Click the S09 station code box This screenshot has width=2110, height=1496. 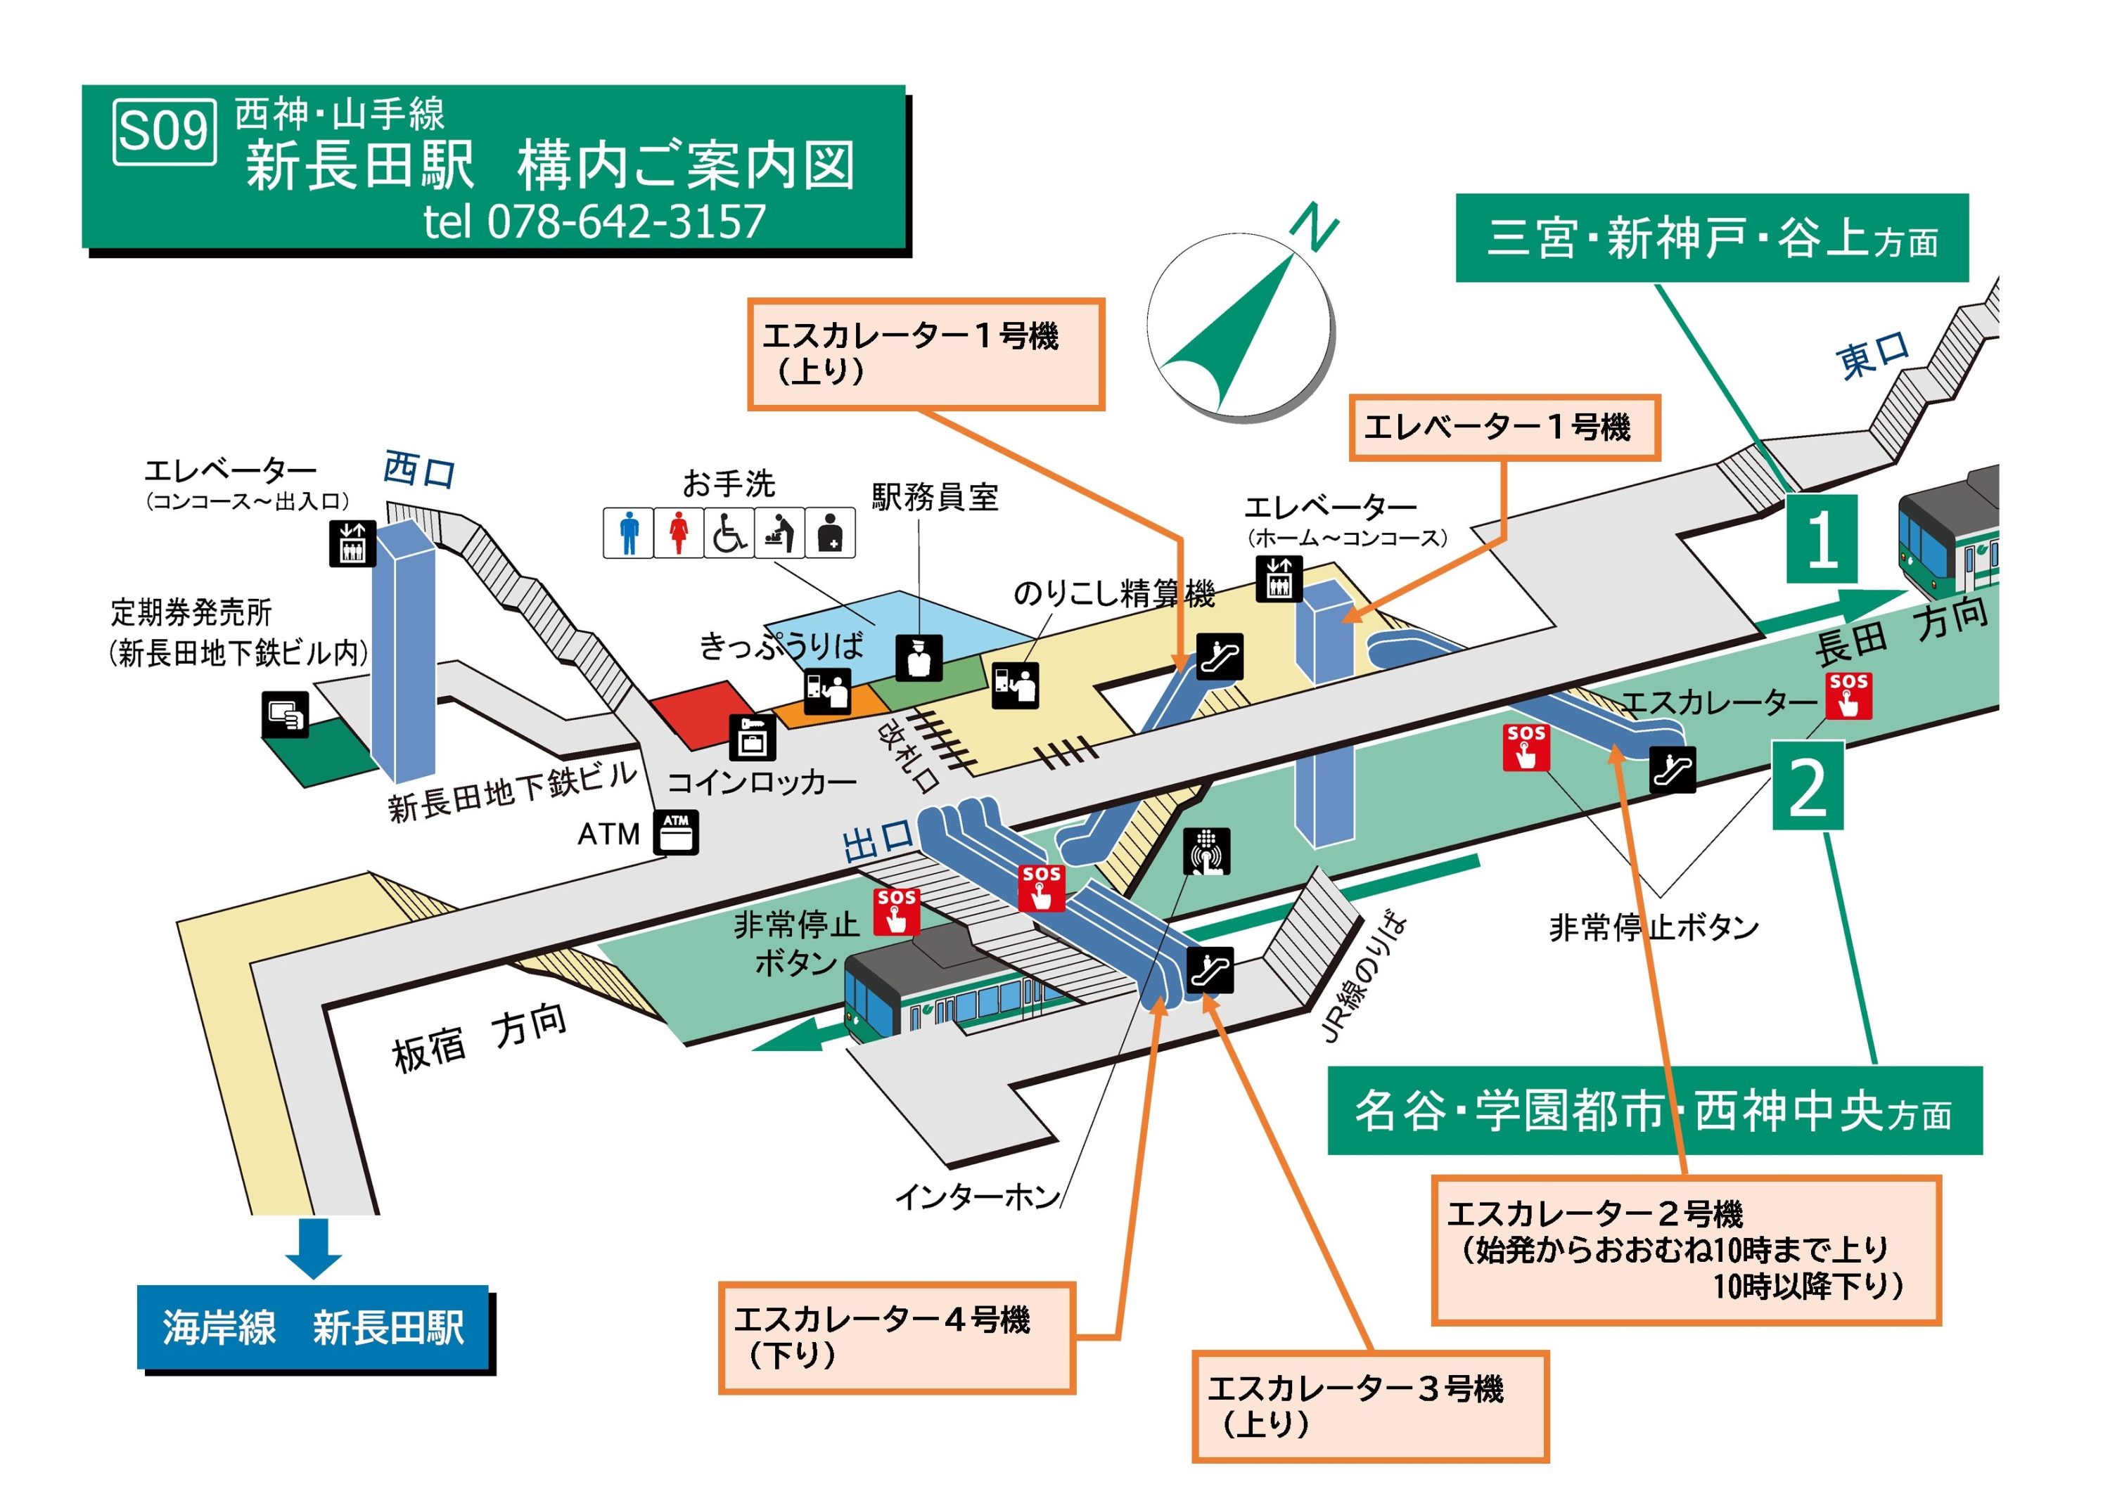165,131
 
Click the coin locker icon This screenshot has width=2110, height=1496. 752,737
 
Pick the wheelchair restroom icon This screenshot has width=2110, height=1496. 729,532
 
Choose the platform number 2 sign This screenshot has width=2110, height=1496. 1807,786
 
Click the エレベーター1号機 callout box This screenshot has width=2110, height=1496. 1504,427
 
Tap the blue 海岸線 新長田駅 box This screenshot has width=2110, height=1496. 313,1327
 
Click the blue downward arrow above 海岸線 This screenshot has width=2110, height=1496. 313,1247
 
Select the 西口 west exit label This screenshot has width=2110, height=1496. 419,470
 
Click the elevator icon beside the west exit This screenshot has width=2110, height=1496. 353,543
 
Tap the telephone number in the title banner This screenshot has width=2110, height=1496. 594,221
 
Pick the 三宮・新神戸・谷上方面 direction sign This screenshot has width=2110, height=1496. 1711,238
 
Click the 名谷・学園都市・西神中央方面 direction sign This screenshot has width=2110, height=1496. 1654,1111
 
